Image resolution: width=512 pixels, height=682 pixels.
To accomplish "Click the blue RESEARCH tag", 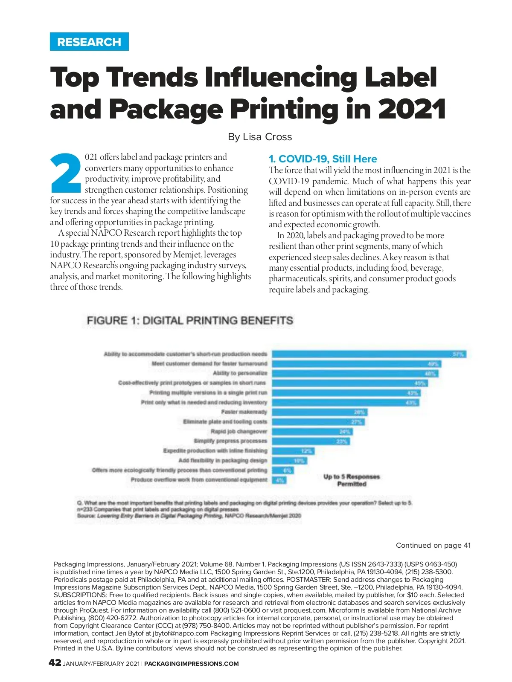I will point(89,42).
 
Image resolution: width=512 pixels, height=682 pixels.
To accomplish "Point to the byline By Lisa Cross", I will point(260,137).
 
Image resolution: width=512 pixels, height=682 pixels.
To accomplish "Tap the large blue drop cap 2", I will point(65,173).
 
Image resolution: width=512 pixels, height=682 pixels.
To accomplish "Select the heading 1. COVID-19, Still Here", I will point(323,159).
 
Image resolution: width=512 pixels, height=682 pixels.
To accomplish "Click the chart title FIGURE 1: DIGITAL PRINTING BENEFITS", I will point(190,321).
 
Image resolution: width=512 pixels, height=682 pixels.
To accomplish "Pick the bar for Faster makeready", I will point(319,412).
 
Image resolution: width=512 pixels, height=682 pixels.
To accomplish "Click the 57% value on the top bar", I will point(458,354).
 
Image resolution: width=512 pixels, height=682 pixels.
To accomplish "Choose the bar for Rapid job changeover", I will point(312,431).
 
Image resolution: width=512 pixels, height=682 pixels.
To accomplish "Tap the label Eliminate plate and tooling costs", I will point(225,422).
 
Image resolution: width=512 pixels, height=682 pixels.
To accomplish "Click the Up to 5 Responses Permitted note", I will point(352,480).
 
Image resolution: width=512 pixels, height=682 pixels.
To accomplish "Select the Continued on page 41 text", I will point(433,545).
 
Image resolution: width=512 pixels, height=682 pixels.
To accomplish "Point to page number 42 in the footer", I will point(55,663).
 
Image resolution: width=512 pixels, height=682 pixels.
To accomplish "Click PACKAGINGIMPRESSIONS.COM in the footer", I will point(192,664).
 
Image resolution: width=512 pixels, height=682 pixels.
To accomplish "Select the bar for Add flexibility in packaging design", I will point(289,460).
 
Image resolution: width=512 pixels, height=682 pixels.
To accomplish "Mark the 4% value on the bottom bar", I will point(280,480).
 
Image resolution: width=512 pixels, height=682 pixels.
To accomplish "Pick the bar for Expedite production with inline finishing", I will point(293,451).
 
